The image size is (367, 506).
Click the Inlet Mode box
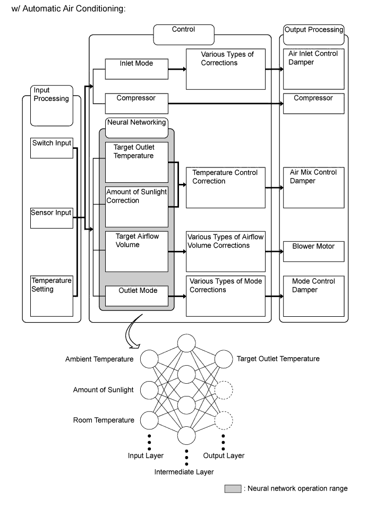pyautogui.click(x=136, y=69)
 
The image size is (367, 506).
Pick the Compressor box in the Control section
pyautogui.click(x=136, y=103)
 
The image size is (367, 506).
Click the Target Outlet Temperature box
pyautogui.click(x=136, y=162)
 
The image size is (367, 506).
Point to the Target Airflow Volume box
pyautogui.click(x=136, y=251)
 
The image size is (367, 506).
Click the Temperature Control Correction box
pyautogui.click(x=225, y=188)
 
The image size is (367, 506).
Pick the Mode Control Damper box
pyautogui.click(x=314, y=296)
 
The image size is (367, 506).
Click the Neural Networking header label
pyautogui.click(x=136, y=122)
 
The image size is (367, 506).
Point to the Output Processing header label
pyautogui.click(x=314, y=30)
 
